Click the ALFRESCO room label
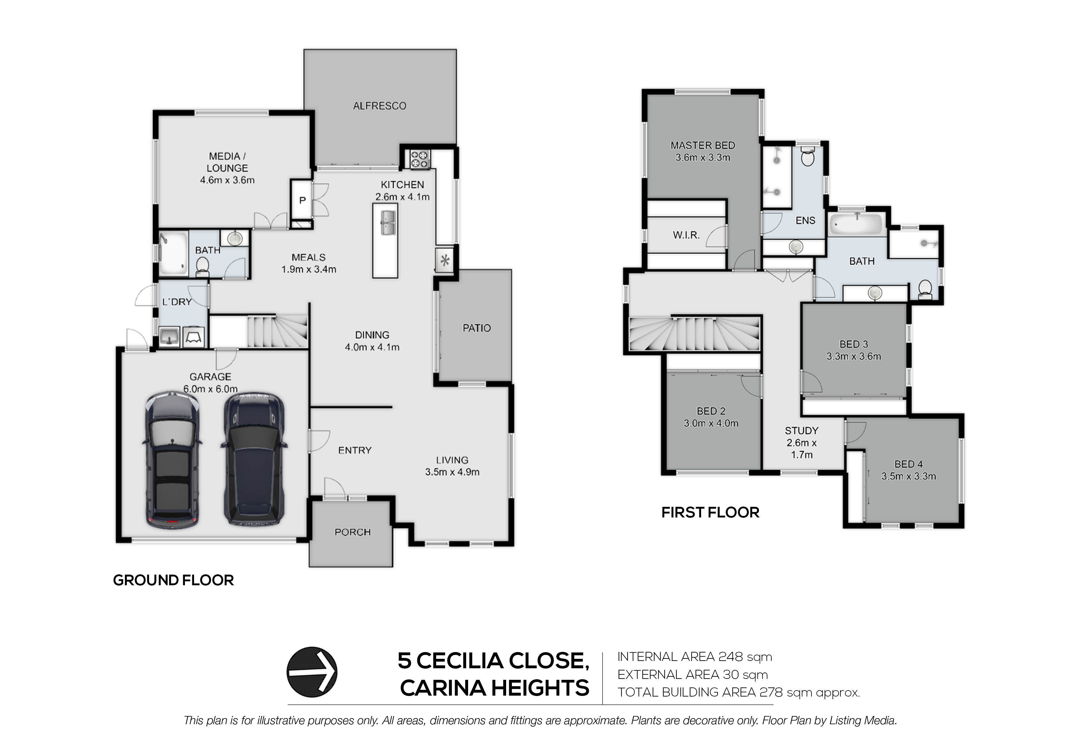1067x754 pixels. click(x=379, y=106)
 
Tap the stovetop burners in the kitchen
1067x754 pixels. click(x=420, y=159)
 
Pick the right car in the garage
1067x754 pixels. click(x=254, y=459)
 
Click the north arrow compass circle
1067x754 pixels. click(x=312, y=672)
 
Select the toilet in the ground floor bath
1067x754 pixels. click(x=202, y=266)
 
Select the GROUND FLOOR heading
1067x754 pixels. click(x=173, y=580)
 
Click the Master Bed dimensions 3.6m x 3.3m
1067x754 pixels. click(x=703, y=157)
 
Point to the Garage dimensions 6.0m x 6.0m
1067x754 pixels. click(x=210, y=389)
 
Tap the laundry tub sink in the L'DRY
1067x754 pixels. click(x=170, y=336)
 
